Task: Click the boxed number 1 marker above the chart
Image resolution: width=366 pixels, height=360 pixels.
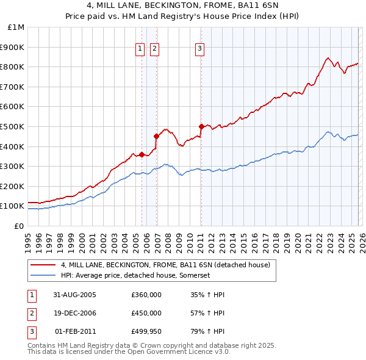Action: coord(140,49)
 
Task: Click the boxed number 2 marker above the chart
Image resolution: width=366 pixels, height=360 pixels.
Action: coord(154,49)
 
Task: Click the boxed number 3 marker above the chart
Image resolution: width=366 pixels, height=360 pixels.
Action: coord(199,49)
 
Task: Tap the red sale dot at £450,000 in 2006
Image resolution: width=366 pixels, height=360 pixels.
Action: coord(156,136)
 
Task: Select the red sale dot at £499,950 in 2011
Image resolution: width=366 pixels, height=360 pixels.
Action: coord(201,126)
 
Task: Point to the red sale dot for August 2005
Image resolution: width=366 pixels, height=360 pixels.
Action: coord(142,154)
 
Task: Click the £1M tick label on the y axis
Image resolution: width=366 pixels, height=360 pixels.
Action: coord(16,27)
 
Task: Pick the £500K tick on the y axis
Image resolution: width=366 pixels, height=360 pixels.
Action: coord(13,126)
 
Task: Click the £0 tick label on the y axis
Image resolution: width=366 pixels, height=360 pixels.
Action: coord(20,226)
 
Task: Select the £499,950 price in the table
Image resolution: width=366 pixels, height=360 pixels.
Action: coord(146,332)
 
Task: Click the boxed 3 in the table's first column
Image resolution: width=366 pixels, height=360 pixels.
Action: coord(31,332)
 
